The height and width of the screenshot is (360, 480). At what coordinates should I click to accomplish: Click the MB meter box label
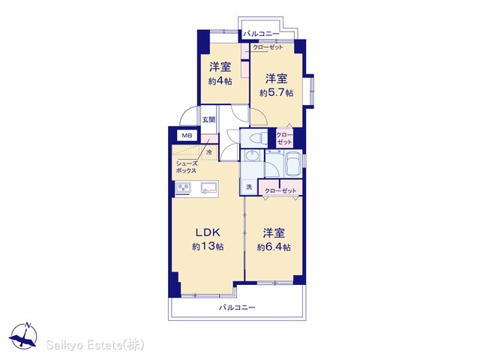point(187,135)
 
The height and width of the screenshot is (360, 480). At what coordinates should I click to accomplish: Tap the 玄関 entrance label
point(208,120)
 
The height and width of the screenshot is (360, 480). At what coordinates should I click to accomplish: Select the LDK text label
point(208,232)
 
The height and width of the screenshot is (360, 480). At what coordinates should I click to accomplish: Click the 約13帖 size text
point(208,246)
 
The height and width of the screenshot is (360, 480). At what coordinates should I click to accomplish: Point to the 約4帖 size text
point(220,81)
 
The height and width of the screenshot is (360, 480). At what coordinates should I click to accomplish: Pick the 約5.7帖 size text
point(277,92)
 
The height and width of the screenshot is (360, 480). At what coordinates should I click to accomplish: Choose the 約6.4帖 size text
point(274,247)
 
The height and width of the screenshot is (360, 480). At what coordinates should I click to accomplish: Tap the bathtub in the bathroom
point(293,163)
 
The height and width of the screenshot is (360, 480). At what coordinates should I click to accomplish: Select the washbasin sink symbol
point(252,157)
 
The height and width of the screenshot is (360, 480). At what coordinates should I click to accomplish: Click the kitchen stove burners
point(183,188)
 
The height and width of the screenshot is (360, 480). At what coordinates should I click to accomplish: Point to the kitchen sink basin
point(209,187)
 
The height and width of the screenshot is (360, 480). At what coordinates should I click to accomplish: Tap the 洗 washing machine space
point(249,187)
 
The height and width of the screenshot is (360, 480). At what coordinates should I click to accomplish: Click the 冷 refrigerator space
point(209,152)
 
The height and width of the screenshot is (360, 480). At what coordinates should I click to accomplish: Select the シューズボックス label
point(186,167)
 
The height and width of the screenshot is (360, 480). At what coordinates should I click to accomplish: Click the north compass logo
point(23,335)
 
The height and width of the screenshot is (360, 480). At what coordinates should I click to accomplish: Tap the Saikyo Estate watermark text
point(95,345)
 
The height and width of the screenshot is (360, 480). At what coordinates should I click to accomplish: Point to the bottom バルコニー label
point(237,307)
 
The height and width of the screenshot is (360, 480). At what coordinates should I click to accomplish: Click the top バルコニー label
point(261,34)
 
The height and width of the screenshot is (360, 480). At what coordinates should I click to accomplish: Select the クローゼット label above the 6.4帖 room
point(280,190)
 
